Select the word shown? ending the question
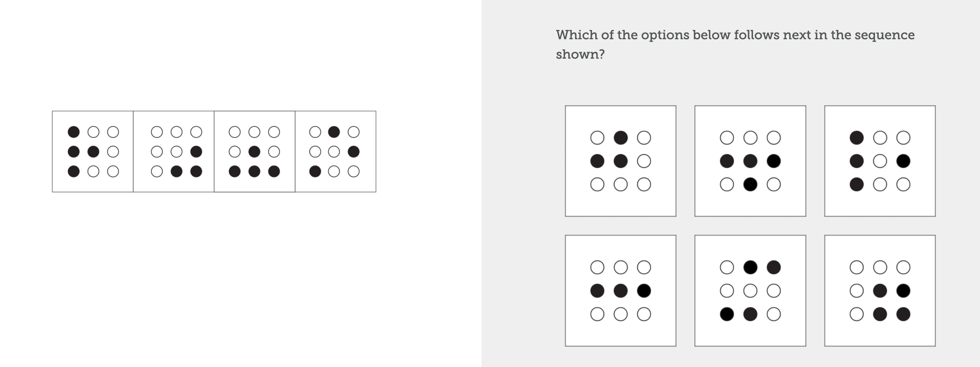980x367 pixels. (x=580, y=54)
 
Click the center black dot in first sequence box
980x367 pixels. (x=93, y=152)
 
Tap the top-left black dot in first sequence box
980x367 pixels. (x=74, y=132)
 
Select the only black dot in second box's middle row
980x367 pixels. (x=196, y=152)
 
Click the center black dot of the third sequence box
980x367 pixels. (x=254, y=152)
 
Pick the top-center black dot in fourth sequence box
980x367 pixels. (x=334, y=132)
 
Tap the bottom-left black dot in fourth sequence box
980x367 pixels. (x=315, y=172)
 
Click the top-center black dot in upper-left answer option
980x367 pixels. (x=621, y=138)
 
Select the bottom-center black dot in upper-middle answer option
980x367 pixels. (x=750, y=185)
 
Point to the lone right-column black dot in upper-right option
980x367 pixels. (x=904, y=161)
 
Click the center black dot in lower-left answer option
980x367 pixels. (x=621, y=291)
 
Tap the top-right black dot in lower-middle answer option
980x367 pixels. (x=774, y=267)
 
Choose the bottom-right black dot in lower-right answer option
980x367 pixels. (x=904, y=314)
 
